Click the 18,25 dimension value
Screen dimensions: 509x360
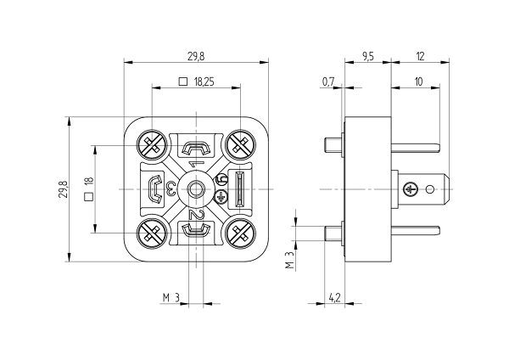204,82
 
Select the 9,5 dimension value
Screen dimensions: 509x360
368,57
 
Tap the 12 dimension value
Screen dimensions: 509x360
420,57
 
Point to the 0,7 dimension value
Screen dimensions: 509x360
328,82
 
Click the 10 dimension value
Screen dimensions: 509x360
419,82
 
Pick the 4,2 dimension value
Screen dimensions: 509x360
335,298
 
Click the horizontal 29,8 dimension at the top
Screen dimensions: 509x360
196,57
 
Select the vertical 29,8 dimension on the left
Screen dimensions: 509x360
64,189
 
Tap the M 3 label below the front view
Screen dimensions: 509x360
171,298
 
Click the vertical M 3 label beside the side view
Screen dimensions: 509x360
289,261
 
